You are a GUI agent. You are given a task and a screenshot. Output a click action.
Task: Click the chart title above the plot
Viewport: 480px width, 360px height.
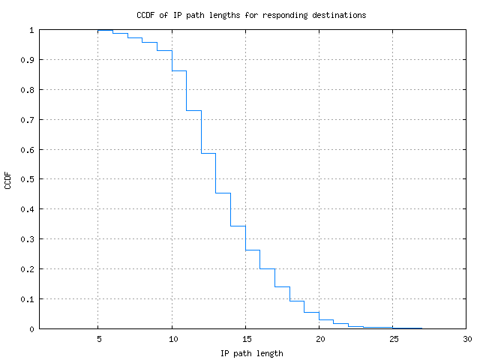tap(251, 15)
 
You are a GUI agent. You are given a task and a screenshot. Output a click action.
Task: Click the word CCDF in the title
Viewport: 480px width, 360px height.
tap(146, 15)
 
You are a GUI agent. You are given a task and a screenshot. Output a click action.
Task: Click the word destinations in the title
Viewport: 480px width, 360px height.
tap(339, 15)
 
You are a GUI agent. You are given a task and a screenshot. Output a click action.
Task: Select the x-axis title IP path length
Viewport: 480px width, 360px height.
tap(251, 352)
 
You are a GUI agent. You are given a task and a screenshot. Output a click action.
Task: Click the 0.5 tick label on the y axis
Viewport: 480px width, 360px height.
tap(27, 179)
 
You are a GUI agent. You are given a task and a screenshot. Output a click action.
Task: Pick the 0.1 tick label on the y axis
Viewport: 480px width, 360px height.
tap(27, 299)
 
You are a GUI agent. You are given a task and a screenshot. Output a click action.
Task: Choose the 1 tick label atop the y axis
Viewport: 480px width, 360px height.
tap(31, 30)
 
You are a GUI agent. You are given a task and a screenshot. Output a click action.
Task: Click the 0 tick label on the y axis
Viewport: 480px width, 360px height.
tap(31, 329)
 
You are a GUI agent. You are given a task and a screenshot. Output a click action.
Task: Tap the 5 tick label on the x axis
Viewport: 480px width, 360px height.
tap(98, 339)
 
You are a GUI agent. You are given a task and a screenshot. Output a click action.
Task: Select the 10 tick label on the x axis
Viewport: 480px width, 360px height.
tap(172, 339)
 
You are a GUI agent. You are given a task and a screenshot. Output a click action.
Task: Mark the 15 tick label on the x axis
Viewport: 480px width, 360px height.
tap(245, 339)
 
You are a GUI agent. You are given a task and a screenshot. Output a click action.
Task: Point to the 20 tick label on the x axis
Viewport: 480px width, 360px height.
tap(319, 339)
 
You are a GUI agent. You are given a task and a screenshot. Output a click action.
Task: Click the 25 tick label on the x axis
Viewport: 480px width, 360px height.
tap(393, 339)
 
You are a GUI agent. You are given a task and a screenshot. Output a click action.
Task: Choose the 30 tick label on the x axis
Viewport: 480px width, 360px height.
tap(466, 339)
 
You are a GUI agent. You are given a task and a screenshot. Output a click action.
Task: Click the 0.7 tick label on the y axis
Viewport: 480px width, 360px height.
tap(27, 120)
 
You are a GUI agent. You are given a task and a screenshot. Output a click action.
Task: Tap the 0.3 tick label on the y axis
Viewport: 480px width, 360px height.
tap(27, 239)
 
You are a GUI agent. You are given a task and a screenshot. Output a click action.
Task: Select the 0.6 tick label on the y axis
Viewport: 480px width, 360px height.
tap(27, 150)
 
